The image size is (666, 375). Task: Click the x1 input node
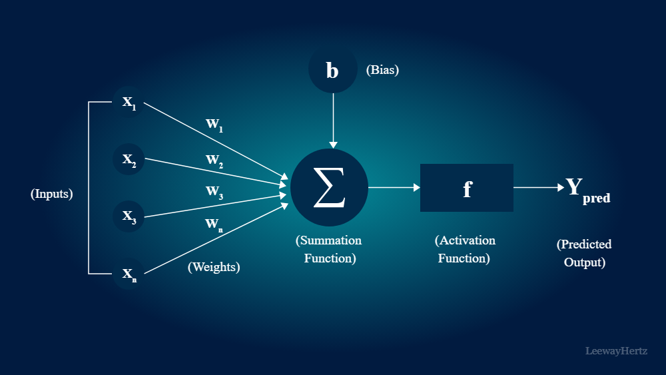(129, 103)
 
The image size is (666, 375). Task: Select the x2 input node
(129, 160)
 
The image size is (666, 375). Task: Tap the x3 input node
(129, 216)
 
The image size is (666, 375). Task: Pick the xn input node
(129, 274)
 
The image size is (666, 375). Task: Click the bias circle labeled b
(332, 70)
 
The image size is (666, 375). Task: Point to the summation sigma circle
(329, 187)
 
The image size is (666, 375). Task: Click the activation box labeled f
(466, 188)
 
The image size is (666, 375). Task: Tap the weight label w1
(213, 125)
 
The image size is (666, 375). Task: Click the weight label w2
(214, 161)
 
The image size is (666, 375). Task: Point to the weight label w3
(214, 192)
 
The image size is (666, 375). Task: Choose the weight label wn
(214, 224)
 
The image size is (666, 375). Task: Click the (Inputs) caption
(51, 194)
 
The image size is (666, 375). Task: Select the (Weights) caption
(214, 267)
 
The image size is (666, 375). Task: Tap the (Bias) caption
(382, 69)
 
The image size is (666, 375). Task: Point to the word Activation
(467, 240)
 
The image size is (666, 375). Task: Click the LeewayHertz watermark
(616, 350)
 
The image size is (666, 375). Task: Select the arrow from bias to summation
(334, 120)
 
